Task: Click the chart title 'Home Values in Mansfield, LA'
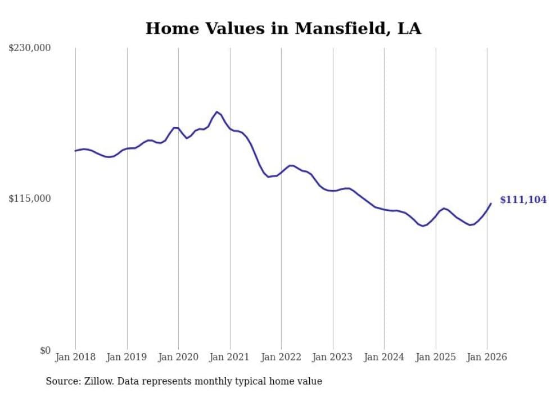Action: coord(283,29)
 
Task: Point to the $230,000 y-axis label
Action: coord(30,48)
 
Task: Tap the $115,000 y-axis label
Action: coord(30,198)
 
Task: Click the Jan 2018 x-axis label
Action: coord(75,357)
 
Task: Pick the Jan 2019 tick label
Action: coord(127,357)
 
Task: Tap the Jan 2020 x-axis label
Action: coord(178,357)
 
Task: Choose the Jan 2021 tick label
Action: coord(230,357)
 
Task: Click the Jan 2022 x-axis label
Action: coord(281,357)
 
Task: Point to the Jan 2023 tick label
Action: coord(333,357)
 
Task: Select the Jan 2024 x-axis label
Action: coord(384,357)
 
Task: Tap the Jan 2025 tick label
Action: coord(436,357)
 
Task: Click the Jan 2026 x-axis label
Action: coord(487,357)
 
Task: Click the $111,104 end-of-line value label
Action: coord(522,200)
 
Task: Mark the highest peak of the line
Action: coord(217,112)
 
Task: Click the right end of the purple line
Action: coord(491,204)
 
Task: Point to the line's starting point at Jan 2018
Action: coord(75,151)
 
